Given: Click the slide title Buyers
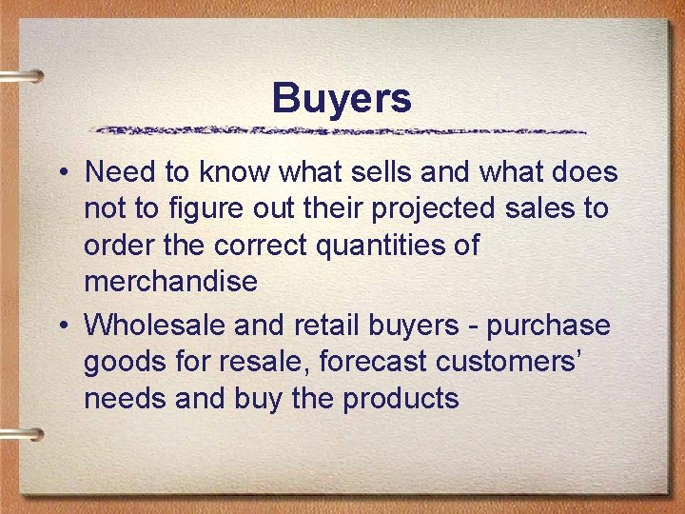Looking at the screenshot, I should pos(342,98).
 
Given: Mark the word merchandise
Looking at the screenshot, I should pos(170,282).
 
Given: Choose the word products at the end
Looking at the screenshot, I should pos(401,398).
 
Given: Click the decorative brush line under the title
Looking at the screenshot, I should pos(338,129).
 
